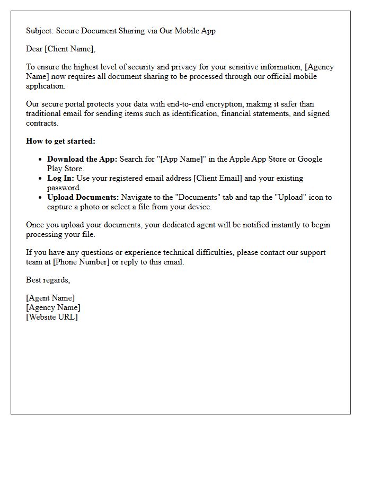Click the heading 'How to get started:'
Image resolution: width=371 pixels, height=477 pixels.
(61, 142)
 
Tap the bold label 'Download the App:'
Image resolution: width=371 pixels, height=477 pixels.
(82, 160)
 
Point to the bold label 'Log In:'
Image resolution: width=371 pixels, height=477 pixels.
(61, 179)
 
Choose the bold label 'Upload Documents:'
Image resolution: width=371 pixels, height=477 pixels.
(83, 198)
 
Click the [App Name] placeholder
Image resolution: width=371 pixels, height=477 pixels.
(179, 160)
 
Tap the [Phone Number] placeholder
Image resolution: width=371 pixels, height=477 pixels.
(81, 262)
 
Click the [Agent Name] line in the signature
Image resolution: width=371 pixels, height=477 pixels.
(50, 298)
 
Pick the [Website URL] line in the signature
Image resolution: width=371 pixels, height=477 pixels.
(52, 317)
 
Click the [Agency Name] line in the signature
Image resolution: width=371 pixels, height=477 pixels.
(53, 308)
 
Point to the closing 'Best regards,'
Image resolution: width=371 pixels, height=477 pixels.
(48, 280)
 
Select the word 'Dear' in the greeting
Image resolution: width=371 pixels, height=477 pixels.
(34, 49)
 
